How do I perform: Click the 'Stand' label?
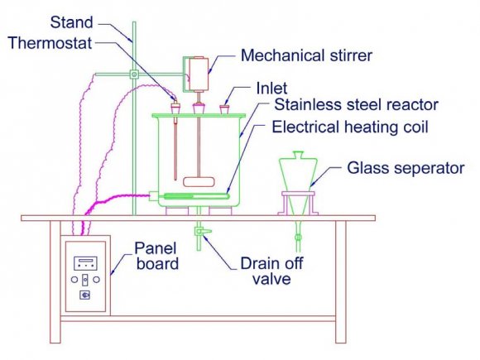[71, 22]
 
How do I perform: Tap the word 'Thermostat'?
[50, 43]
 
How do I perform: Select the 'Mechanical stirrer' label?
[306, 55]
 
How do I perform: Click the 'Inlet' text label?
[271, 89]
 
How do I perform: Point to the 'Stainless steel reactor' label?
[357, 105]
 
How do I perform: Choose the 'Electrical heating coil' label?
[350, 127]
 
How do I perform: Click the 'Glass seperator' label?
[406, 168]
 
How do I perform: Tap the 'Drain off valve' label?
[271, 271]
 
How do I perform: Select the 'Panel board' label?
[156, 256]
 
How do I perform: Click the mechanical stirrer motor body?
[199, 74]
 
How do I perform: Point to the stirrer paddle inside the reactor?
[199, 182]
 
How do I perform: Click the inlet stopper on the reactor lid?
[224, 109]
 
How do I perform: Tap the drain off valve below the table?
[203, 232]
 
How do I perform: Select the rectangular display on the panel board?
[85, 263]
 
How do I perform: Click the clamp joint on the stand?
[134, 74]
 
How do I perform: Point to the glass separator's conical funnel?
[298, 175]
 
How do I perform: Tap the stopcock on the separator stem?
[297, 238]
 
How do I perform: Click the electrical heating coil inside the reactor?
[196, 196]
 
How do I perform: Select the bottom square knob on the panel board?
[84, 295]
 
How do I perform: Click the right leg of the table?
[341, 281]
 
